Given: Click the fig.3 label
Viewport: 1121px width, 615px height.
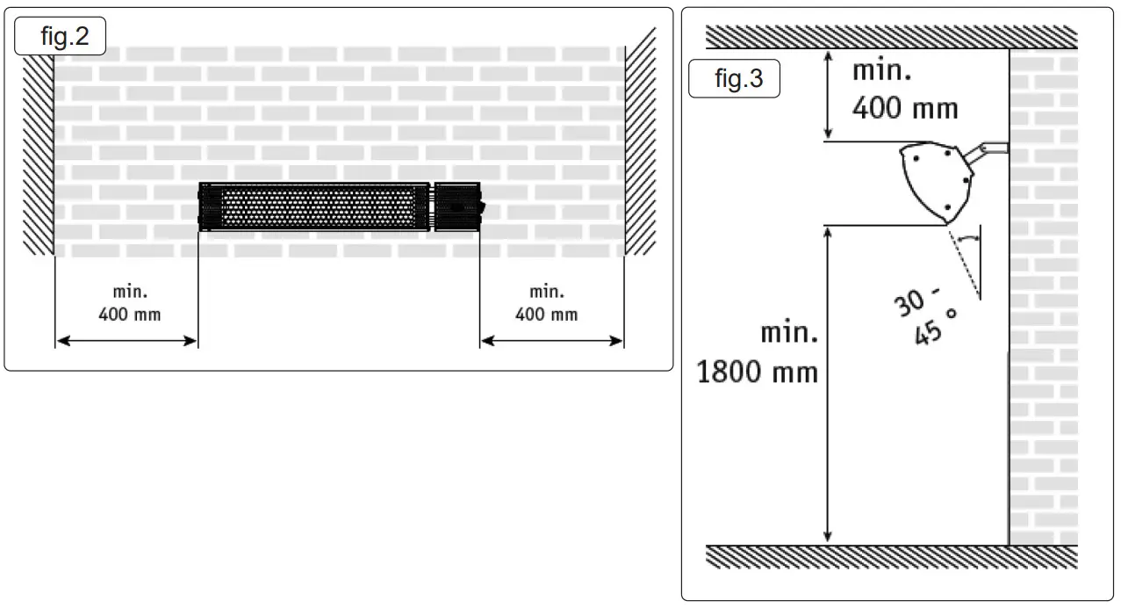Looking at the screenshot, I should tap(738, 80).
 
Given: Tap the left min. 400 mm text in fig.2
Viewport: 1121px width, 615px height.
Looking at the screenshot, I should tap(130, 302).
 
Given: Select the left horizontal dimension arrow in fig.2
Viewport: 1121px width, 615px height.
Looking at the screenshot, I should tap(126, 339).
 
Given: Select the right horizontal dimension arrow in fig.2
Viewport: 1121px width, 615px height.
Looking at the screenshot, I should tap(551, 339).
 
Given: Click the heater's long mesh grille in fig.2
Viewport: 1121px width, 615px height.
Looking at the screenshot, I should tap(316, 207).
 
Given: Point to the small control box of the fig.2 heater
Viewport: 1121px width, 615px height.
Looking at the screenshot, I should tap(458, 207).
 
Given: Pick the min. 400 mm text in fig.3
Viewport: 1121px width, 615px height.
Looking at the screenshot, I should tap(904, 90).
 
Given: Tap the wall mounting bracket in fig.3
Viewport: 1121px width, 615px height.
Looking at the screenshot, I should tap(988, 149).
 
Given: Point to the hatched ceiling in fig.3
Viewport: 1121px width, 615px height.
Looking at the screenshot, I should tap(891, 37).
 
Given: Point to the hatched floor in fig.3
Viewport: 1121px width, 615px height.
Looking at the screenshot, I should tap(891, 556).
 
